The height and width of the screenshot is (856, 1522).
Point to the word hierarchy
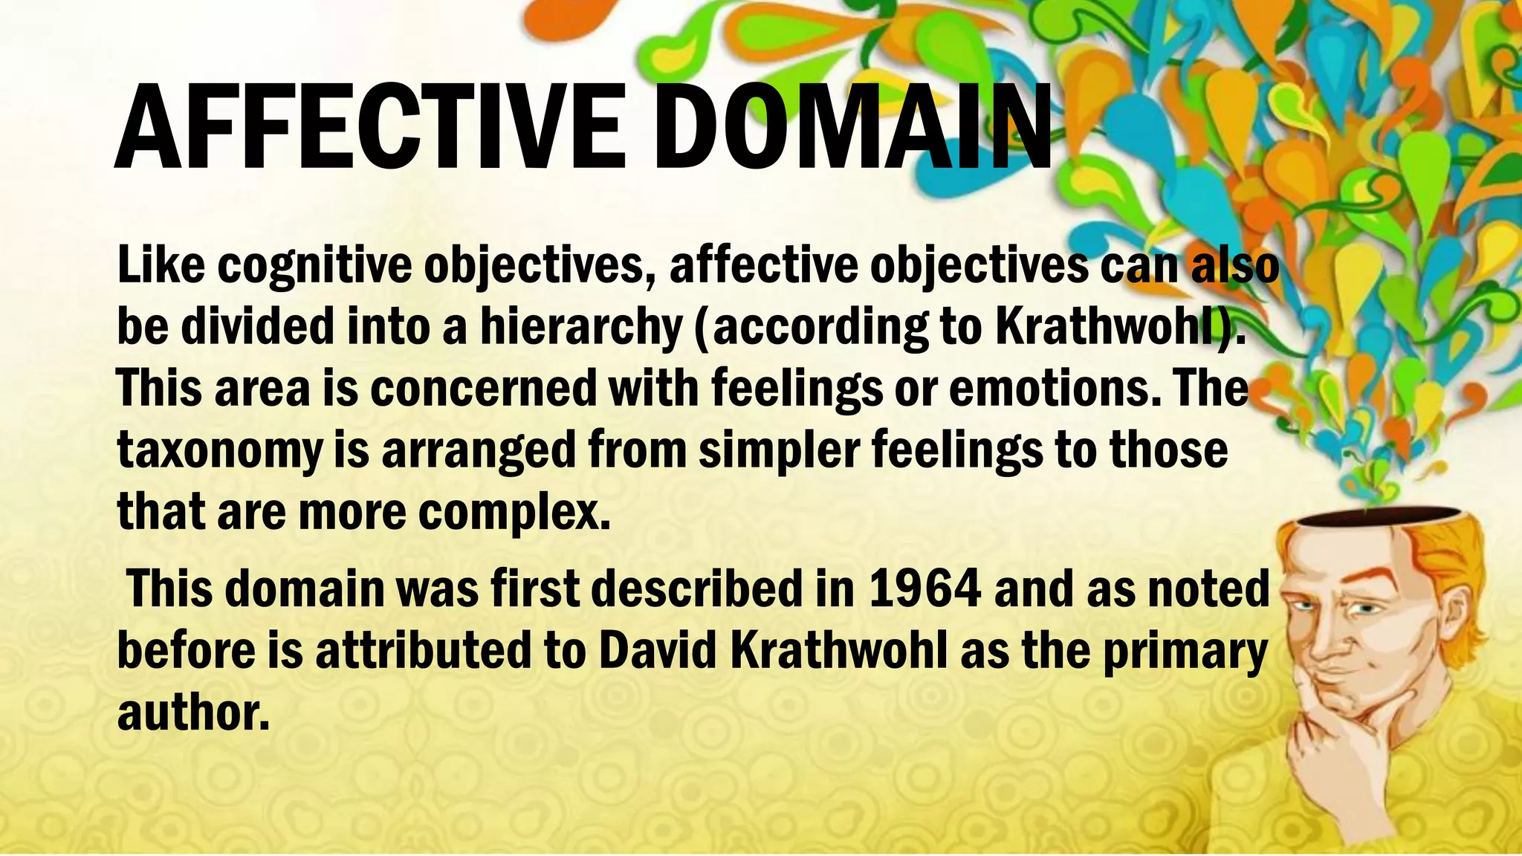[x=580, y=327]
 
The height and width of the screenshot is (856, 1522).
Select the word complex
[x=513, y=513]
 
